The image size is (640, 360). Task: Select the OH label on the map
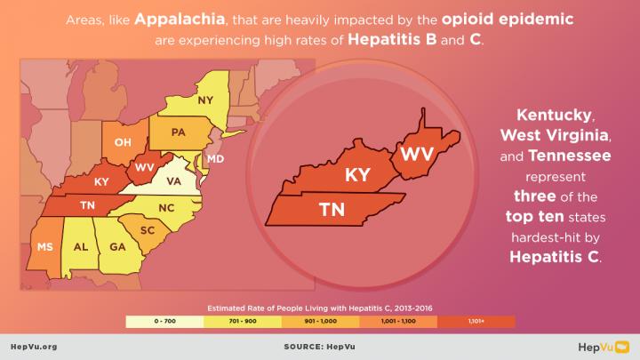tap(123, 142)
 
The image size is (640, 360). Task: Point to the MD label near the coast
tap(215, 159)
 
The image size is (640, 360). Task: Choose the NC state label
tap(167, 209)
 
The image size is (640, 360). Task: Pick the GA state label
tap(116, 247)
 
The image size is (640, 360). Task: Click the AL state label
tap(80, 247)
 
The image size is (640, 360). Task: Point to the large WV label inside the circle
tap(416, 154)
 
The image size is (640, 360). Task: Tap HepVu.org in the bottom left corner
tap(33, 348)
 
